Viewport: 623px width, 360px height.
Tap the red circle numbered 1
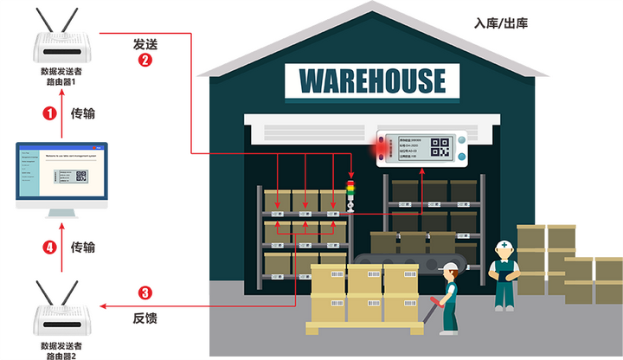[49, 112]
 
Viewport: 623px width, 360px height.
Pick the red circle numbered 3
[145, 292]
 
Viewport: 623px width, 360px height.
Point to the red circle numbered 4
[49, 247]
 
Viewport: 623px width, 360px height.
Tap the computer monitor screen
[62, 173]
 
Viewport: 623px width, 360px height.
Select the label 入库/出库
[501, 23]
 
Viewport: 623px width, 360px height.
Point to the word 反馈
[145, 318]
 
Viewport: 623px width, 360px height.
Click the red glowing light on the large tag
[379, 148]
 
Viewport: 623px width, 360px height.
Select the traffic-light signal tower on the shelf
[350, 194]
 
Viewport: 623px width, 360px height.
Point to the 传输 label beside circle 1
[82, 112]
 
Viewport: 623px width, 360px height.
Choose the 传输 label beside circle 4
[82, 247]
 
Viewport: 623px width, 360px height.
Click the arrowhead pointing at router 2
[103, 305]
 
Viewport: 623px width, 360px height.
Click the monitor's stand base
[62, 214]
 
